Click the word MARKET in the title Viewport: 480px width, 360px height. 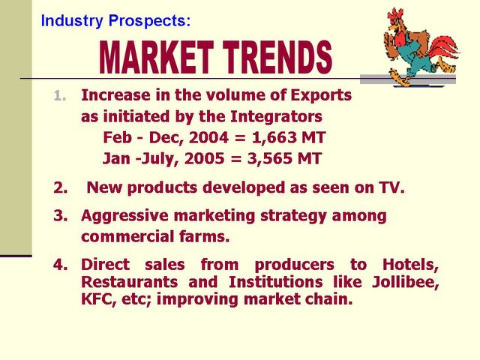tap(156, 58)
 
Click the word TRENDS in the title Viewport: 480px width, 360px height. tap(277, 58)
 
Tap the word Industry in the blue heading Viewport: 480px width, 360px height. tap(72, 21)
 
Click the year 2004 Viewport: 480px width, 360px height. tap(208, 137)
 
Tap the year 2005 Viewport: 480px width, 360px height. tap(205, 158)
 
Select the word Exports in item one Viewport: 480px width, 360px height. tap(321, 95)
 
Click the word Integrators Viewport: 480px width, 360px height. tap(276, 117)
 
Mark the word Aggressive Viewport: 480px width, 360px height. tap(124, 217)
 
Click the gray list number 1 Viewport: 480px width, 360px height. tap(60, 96)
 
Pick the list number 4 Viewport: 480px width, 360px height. tap(60, 265)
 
